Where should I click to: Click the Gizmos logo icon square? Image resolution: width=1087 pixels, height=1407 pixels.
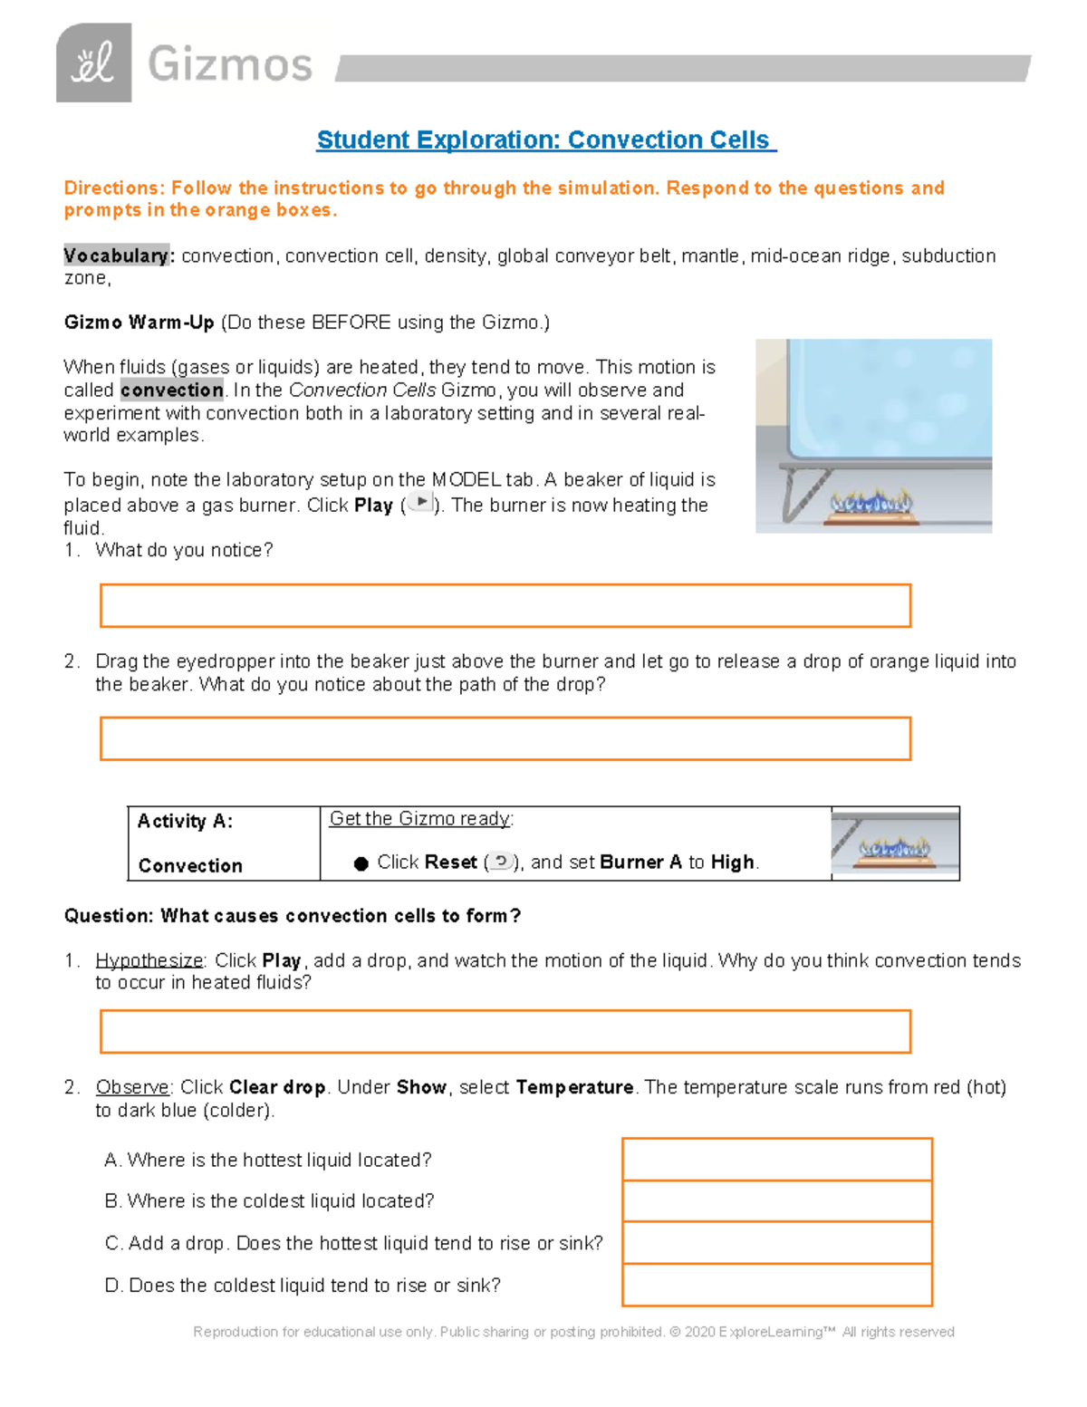point(93,63)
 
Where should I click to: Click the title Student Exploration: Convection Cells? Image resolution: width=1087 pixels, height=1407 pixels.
point(545,140)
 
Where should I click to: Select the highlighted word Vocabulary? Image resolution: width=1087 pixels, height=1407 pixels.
point(116,255)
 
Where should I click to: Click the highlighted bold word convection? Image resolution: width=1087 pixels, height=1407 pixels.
point(172,390)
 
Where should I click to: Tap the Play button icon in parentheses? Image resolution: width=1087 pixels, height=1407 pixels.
point(420,502)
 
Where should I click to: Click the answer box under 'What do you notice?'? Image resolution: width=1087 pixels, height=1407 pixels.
point(505,605)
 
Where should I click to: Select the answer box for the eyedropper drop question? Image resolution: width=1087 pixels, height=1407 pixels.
point(505,738)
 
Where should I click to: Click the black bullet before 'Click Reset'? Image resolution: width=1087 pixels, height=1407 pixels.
point(361,863)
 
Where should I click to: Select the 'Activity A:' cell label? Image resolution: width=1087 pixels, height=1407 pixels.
point(185,821)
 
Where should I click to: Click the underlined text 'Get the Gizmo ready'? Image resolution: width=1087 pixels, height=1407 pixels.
point(419,819)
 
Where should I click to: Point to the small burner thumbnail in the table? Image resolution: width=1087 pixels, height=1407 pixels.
point(894,844)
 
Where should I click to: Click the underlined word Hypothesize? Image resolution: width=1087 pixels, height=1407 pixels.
point(149,960)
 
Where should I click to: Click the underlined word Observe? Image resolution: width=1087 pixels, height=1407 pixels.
point(132,1087)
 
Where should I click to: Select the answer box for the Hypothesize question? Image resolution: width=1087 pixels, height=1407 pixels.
point(505,1031)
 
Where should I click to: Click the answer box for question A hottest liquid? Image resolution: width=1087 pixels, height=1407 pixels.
point(777,1160)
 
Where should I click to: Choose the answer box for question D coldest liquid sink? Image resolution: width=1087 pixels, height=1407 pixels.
point(777,1285)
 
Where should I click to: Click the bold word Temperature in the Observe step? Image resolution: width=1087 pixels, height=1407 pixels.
point(574,1087)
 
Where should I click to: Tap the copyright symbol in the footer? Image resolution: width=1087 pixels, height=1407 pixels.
point(674,1332)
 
